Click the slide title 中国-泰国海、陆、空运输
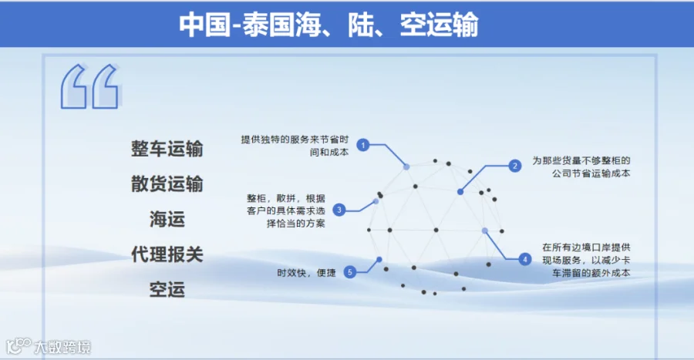pos(328,25)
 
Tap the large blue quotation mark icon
pos(90,86)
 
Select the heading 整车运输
pos(167,149)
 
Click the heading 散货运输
pos(167,183)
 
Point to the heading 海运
pos(167,219)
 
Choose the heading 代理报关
pos(167,254)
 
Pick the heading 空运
pos(167,290)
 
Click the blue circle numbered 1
pos(363,145)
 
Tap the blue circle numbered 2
pos(515,166)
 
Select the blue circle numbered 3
pos(339,210)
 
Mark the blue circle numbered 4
pos(525,259)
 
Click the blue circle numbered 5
pos(349,272)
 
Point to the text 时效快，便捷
pos(306,273)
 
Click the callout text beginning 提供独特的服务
pos(295,146)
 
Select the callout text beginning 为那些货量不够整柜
pos(581,167)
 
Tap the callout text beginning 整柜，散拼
pos(286,211)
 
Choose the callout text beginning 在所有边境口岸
pos(587,260)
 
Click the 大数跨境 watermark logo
pos(49,347)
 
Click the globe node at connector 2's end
pos(460,192)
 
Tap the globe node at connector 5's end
pos(379,260)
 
